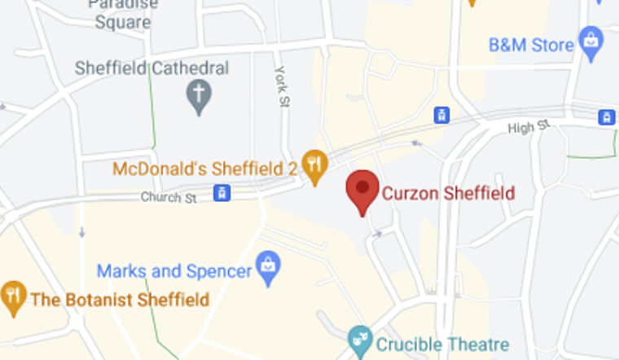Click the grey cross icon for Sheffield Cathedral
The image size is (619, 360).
pos(198,98)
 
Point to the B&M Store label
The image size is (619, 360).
pos(531,45)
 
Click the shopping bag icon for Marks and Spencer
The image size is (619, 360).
pos(267,265)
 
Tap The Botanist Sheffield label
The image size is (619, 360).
pos(119,300)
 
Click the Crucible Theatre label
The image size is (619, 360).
pos(443,345)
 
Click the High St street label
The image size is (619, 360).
pos(529,128)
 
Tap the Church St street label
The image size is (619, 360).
pos(169,197)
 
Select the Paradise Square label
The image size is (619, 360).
pos(123,15)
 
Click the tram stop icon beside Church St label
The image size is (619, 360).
pos(220,193)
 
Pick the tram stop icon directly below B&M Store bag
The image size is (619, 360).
pos(606,117)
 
